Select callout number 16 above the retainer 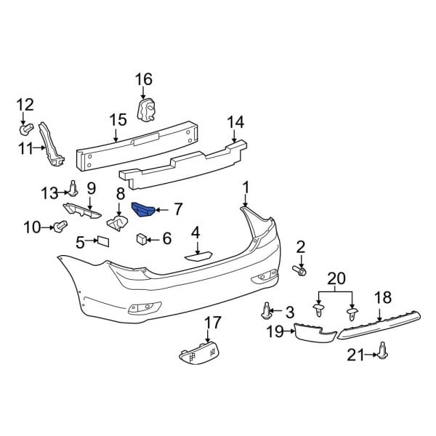[x=144, y=79]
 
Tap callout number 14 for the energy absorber [x=235, y=122]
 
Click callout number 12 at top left [x=25, y=105]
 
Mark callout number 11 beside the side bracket [x=26, y=149]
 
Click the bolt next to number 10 [x=57, y=227]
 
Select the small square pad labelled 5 [x=102, y=240]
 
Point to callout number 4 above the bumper [x=195, y=233]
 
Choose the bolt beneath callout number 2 [x=300, y=270]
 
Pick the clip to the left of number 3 [x=267, y=313]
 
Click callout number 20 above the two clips [x=335, y=279]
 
